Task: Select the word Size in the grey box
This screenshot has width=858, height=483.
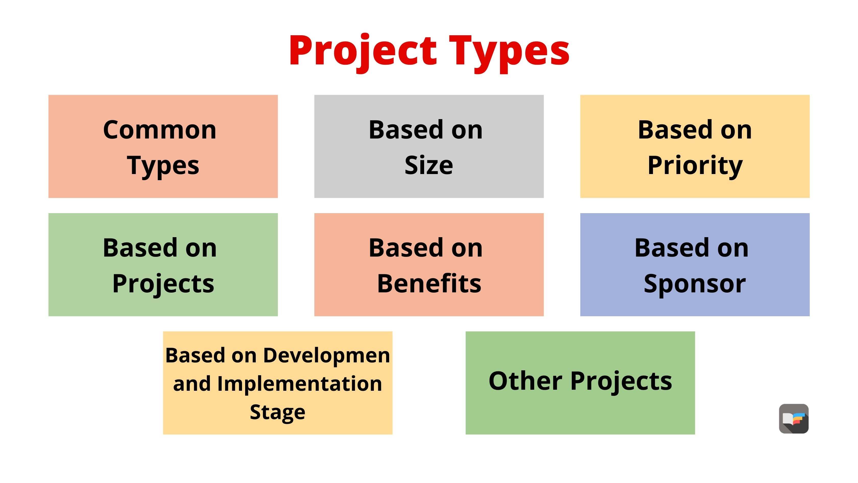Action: tap(429, 165)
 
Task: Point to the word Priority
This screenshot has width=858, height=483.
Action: tap(695, 165)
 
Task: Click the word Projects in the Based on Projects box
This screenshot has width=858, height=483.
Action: tap(163, 284)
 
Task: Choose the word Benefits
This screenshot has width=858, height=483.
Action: tap(429, 284)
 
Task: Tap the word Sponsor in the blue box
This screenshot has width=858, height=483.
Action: tap(695, 284)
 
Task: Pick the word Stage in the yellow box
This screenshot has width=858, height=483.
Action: tap(278, 412)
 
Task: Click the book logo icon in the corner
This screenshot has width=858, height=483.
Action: tap(794, 419)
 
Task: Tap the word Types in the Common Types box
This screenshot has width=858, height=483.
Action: tap(163, 165)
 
